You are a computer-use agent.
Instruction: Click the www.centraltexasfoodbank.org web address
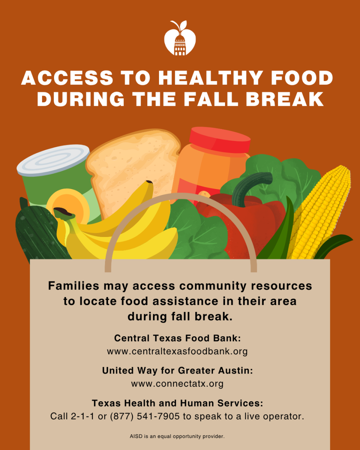click(177, 352)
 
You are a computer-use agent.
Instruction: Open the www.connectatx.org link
click(177, 384)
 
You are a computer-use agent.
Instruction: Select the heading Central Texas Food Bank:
click(177, 338)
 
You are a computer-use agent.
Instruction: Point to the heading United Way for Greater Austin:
click(177, 370)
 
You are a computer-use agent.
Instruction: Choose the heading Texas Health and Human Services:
click(177, 403)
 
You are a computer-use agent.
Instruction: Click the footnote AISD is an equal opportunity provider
click(177, 436)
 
